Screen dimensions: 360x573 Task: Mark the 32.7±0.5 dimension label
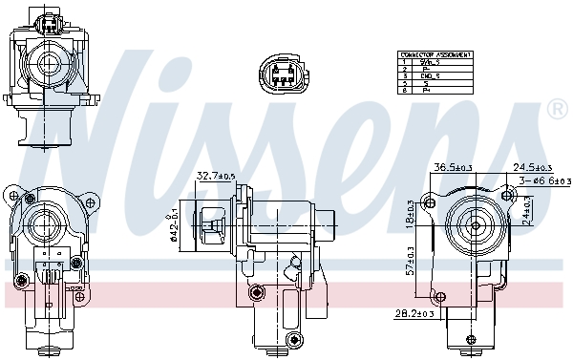(216, 176)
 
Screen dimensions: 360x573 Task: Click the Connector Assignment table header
(435, 55)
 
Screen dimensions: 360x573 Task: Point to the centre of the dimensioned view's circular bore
(474, 227)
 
